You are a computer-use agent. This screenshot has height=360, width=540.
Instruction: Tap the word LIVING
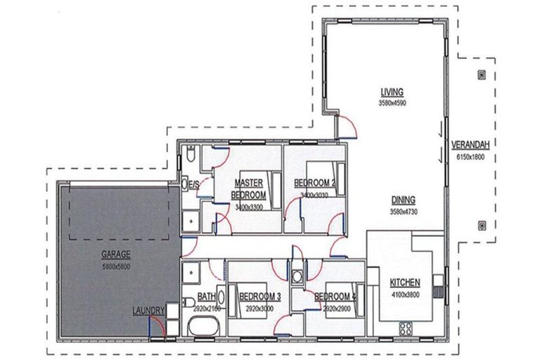tap(392, 93)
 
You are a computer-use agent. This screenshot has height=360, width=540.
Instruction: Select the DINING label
tap(403, 200)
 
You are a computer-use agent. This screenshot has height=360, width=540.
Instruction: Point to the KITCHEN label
tap(404, 284)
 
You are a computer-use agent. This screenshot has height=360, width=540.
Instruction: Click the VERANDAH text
tap(472, 146)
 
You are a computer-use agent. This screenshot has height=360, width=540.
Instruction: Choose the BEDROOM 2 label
tap(314, 184)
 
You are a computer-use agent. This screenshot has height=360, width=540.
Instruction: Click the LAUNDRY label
tap(148, 310)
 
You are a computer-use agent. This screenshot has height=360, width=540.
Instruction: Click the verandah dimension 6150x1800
tap(472, 156)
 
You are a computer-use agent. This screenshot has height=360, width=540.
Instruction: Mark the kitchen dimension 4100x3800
tap(404, 295)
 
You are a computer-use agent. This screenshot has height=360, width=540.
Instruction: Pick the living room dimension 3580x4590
tap(392, 103)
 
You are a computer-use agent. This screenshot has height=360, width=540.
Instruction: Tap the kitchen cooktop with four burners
tap(406, 327)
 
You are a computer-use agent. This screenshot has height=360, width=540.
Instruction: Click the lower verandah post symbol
tap(481, 226)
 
